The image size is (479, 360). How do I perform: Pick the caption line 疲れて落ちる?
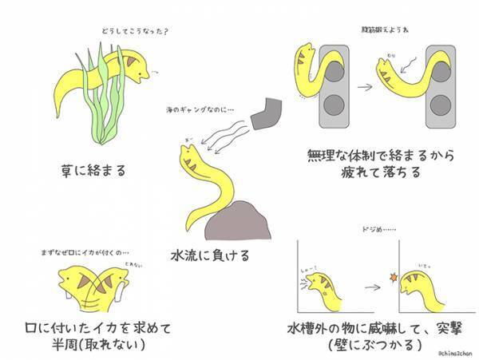361,172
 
